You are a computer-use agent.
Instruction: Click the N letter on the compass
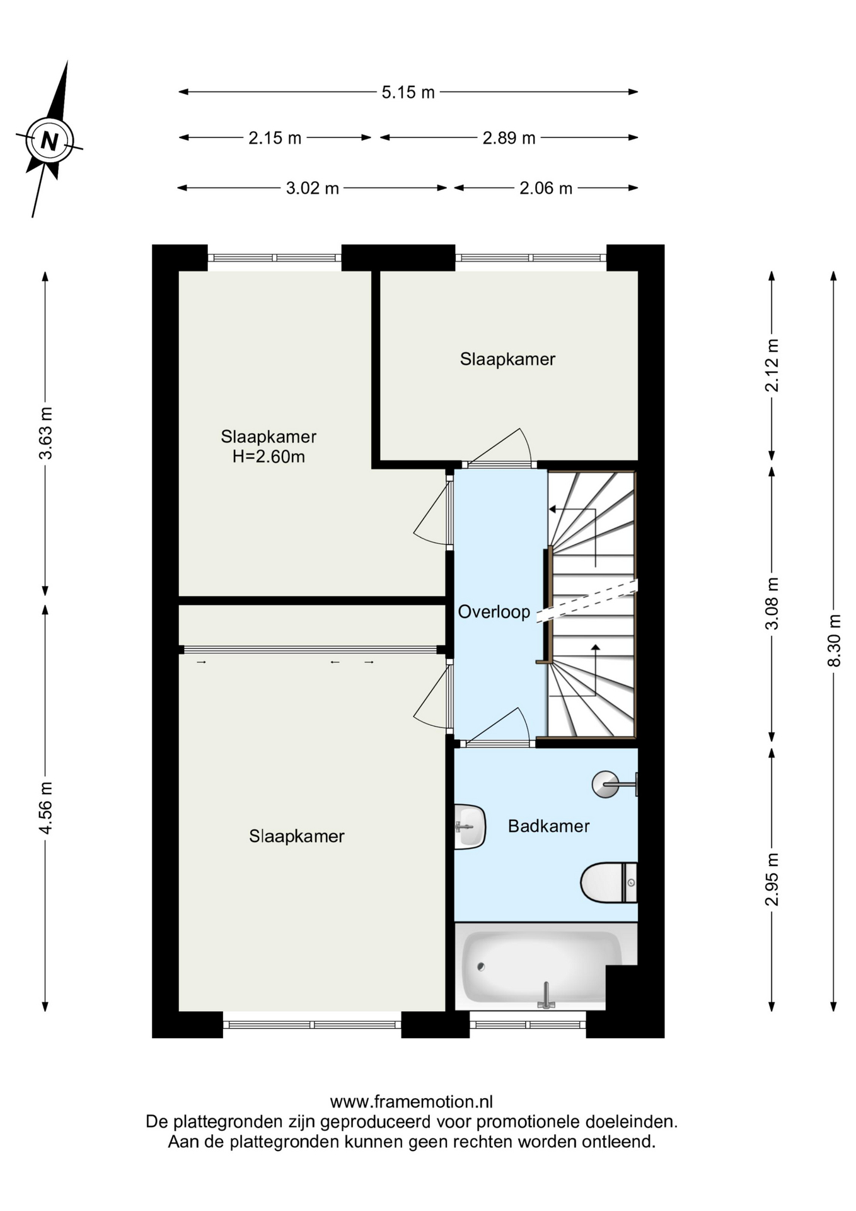pyautogui.click(x=49, y=140)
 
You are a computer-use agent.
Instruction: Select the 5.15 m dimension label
pyautogui.click(x=408, y=92)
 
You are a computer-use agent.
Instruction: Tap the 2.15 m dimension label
pyautogui.click(x=275, y=137)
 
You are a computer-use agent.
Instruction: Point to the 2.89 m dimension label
pyautogui.click(x=509, y=137)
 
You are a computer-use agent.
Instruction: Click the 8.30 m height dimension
pyautogui.click(x=834, y=640)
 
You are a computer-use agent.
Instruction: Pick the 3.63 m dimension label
pyautogui.click(x=45, y=433)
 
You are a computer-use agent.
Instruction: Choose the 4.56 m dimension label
pyautogui.click(x=45, y=807)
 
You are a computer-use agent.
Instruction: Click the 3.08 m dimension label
pyautogui.click(x=772, y=603)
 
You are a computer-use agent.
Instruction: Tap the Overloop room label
pyautogui.click(x=494, y=611)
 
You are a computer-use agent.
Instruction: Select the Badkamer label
pyautogui.click(x=548, y=826)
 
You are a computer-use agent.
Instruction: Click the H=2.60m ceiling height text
pyautogui.click(x=269, y=457)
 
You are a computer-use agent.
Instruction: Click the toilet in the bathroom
pyautogui.click(x=609, y=882)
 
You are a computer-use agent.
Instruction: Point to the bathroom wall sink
pyautogui.click(x=470, y=826)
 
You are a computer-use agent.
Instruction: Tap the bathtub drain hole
pyautogui.click(x=481, y=966)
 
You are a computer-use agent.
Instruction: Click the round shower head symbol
pyautogui.click(x=606, y=785)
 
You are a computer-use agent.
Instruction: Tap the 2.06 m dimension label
pyautogui.click(x=546, y=188)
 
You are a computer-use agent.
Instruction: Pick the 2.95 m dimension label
pyautogui.click(x=772, y=879)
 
